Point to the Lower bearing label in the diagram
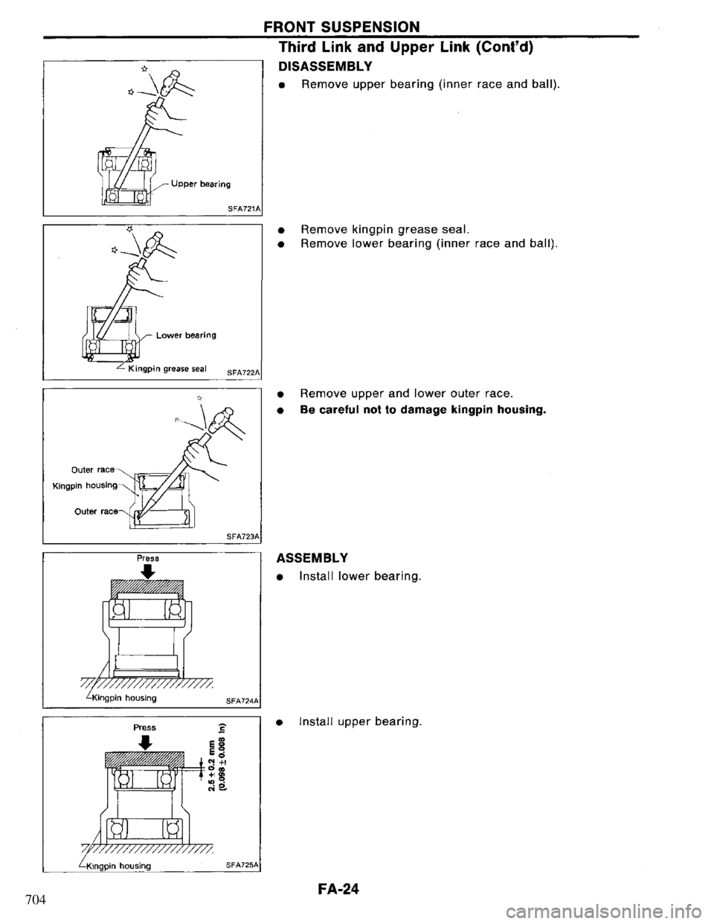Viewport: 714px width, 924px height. tap(187, 336)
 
